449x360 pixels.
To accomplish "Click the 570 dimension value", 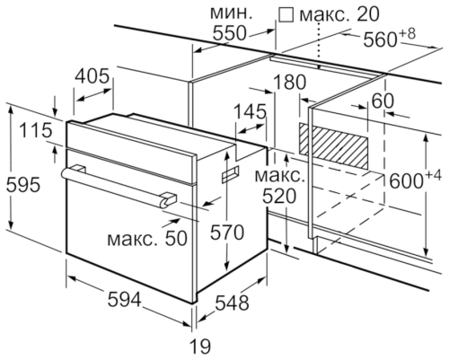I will click(x=226, y=233).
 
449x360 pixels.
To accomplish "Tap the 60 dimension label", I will click(x=383, y=101).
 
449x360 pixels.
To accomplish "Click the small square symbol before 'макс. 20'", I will click(x=286, y=14).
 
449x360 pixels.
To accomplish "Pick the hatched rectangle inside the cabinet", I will click(x=335, y=140).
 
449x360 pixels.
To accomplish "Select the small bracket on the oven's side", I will click(x=231, y=168).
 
